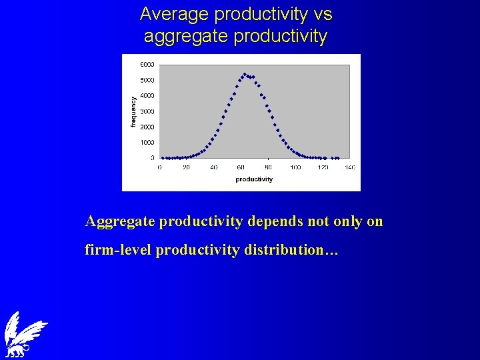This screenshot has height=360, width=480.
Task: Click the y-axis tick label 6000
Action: pos(147,65)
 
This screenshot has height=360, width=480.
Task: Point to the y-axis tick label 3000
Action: pos(147,111)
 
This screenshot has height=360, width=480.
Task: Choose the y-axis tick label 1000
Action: pos(147,143)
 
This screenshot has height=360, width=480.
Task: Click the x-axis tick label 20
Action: pos(186,167)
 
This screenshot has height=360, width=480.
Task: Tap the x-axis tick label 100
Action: pos(295,167)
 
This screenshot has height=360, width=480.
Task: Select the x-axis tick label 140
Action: pos(350,167)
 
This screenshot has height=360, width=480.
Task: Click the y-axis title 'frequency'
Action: pos(133,112)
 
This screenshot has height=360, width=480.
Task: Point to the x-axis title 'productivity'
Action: pos(254,179)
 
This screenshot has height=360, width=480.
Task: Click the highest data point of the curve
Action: pos(245,74)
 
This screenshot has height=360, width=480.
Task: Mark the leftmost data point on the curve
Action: pos(163,158)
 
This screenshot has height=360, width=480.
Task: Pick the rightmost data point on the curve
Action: pos(339,158)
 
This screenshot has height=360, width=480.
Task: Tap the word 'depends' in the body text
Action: pos(276,221)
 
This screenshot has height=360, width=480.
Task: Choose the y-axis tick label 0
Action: pos(152,158)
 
